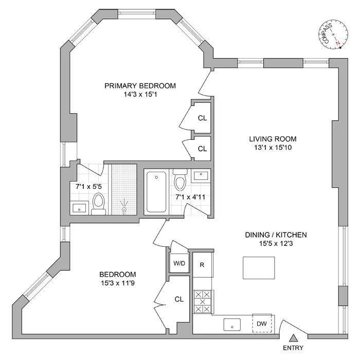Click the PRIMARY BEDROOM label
point(140,86)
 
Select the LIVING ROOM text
point(273,139)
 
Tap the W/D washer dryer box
point(179,263)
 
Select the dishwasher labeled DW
point(262,323)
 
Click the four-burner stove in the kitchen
point(203,302)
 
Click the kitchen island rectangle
point(256,267)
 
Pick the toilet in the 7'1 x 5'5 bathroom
point(99,203)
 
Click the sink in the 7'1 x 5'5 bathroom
point(79,208)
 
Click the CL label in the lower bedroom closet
point(179,299)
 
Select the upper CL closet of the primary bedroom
point(202,118)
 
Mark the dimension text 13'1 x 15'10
point(273,149)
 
